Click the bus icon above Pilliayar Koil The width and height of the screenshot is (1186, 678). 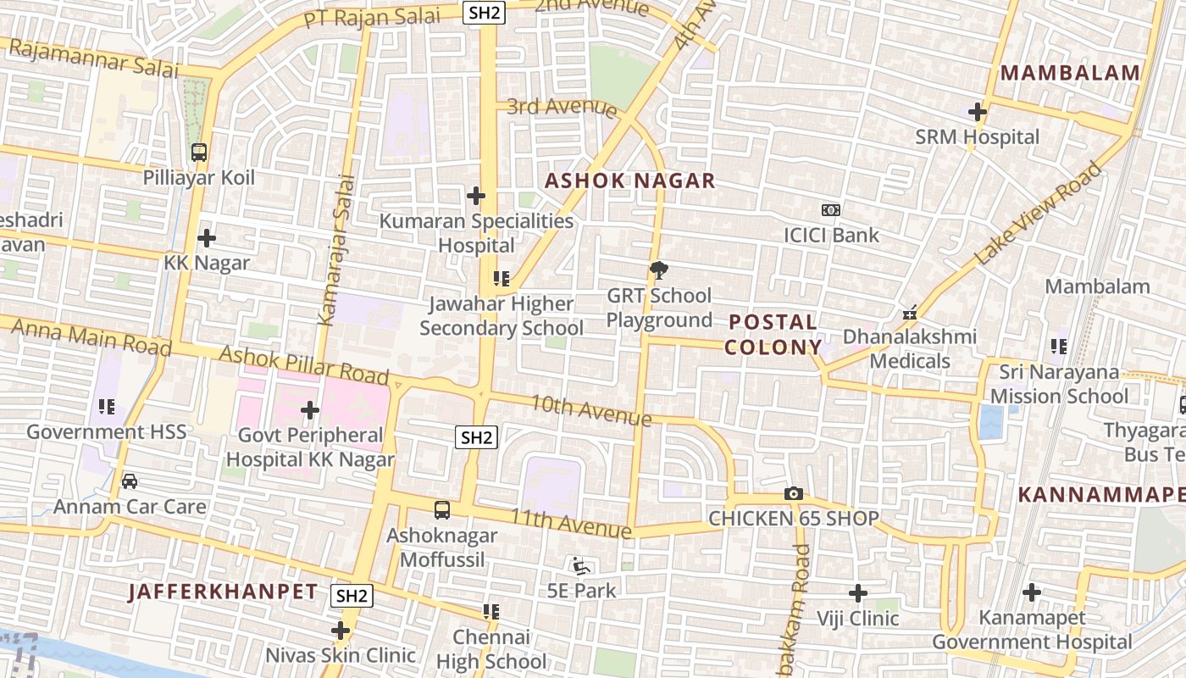199,153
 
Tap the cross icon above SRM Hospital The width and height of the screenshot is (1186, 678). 978,111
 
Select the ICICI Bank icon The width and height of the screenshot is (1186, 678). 830,209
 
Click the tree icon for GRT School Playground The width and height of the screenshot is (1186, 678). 658,270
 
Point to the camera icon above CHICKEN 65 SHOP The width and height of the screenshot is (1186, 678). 793,493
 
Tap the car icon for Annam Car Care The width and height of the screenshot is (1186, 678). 130,481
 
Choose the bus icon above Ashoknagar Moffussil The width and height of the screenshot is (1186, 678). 441,509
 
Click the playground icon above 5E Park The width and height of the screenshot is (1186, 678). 580,565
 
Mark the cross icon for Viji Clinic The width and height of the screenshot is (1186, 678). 858,593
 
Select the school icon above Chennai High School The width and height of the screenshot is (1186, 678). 490,611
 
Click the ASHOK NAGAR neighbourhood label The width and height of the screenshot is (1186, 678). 630,181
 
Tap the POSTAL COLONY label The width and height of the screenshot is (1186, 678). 773,335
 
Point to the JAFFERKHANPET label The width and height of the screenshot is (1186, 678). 223,592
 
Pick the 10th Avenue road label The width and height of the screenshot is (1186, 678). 590,410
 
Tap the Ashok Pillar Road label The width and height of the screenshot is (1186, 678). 303,365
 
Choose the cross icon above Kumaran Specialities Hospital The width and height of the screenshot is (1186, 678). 476,196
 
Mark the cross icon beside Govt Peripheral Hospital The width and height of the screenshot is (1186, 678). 310,410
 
